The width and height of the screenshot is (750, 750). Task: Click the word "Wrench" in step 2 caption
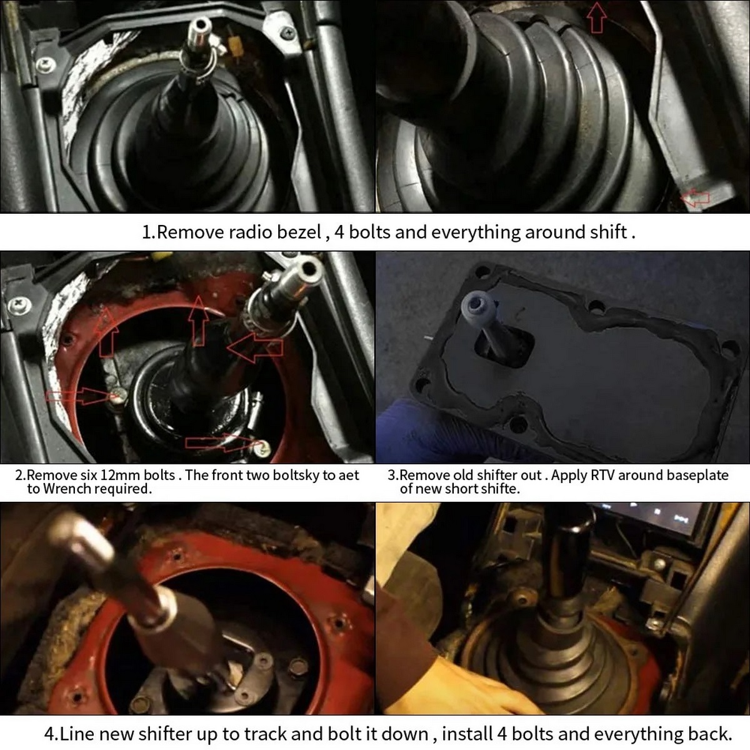(x=64, y=489)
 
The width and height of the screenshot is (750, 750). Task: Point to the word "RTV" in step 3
(x=600, y=475)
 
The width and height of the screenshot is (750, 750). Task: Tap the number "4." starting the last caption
(x=51, y=734)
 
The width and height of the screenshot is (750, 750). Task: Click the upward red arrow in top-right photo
(x=596, y=17)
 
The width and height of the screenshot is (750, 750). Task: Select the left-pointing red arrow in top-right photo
(x=696, y=197)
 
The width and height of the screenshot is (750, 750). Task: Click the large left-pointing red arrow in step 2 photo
(x=255, y=346)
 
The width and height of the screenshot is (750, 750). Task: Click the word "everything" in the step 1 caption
(x=476, y=232)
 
